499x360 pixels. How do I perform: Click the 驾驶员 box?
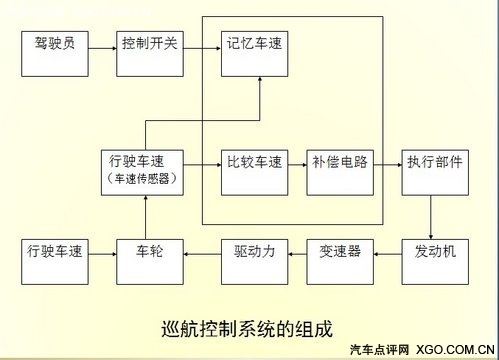point(54,46)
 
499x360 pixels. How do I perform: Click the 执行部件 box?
point(434,162)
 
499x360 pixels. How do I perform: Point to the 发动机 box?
point(434,251)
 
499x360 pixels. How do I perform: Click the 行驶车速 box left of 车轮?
point(54,251)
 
